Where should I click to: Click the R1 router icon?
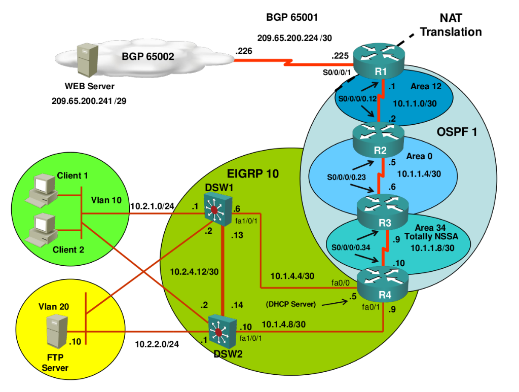(379, 60)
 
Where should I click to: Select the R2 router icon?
(378, 140)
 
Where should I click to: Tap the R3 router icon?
(383, 212)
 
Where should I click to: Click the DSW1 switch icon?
(218, 210)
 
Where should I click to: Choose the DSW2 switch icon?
(223, 332)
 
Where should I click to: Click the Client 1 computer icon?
(42, 191)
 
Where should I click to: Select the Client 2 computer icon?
(42, 230)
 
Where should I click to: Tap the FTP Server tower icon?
(57, 332)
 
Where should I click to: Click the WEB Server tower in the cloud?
(87, 60)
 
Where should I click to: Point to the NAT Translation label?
(451, 25)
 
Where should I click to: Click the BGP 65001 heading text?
(292, 17)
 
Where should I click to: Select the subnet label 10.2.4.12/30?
(194, 272)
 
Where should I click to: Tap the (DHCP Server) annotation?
(291, 304)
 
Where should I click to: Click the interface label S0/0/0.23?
(346, 177)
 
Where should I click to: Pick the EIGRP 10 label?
(253, 173)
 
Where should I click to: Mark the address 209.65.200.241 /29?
(89, 101)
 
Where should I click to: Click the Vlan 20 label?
(54, 307)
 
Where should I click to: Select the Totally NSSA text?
(431, 236)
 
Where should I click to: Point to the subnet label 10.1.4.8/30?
(284, 324)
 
